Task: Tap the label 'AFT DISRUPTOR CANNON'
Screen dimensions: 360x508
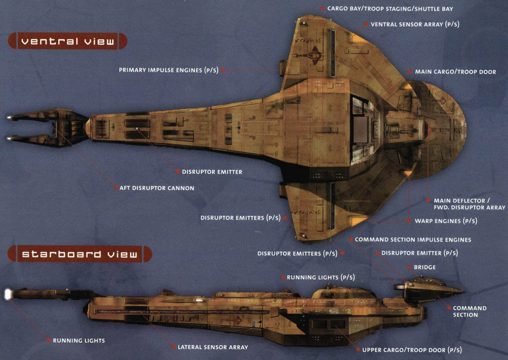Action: [157, 188]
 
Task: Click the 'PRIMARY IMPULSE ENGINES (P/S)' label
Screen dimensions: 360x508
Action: [168, 70]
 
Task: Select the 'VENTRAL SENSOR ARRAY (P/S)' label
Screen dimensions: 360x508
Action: [413, 24]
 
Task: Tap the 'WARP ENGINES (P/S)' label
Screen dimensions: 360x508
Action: [445, 221]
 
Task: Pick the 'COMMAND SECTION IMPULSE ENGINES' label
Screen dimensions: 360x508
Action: [413, 239]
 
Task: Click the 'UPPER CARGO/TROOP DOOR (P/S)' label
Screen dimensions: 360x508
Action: [412, 350]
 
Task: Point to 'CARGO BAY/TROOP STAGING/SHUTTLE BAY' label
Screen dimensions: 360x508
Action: [390, 9]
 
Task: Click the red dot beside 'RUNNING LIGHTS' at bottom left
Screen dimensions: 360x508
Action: [48, 340]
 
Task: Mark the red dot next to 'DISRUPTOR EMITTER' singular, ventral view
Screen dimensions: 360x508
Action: [178, 172]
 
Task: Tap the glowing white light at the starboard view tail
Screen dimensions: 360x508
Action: [8, 295]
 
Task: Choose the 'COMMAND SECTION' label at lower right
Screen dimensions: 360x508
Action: [469, 311]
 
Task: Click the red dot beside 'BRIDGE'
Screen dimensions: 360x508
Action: [408, 267]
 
